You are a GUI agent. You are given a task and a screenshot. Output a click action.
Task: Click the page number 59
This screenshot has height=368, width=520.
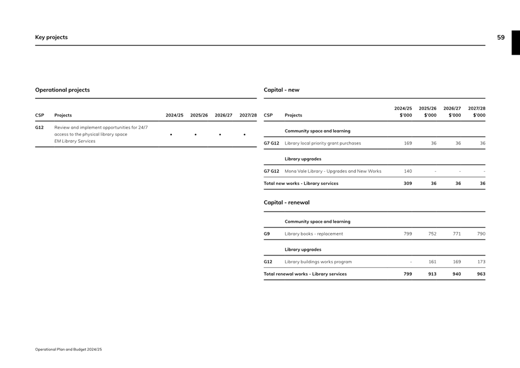pyautogui.click(x=501, y=38)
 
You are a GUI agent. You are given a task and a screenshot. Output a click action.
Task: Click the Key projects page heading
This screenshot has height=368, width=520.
pyautogui.click(x=51, y=38)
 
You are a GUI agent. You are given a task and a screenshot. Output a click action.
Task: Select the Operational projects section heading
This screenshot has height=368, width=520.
pyautogui.click(x=63, y=90)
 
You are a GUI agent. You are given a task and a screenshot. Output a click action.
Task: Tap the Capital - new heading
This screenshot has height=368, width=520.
pyautogui.click(x=282, y=90)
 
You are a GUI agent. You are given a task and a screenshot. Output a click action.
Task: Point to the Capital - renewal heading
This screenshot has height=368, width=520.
pyautogui.click(x=287, y=202)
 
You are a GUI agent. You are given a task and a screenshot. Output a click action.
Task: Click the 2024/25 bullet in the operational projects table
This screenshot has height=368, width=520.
pyautogui.click(x=171, y=135)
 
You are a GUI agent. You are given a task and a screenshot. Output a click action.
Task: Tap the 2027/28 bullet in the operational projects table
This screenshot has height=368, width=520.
pyautogui.click(x=245, y=135)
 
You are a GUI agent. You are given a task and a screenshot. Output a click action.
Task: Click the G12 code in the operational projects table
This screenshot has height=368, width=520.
pyautogui.click(x=39, y=127)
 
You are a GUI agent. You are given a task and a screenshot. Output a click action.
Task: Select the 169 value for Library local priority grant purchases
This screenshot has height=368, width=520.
pyautogui.click(x=408, y=143)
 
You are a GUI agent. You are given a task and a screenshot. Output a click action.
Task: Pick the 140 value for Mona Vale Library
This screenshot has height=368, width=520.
pyautogui.click(x=408, y=171)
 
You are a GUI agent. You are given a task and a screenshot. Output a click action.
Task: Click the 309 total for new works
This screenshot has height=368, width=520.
pyautogui.click(x=408, y=184)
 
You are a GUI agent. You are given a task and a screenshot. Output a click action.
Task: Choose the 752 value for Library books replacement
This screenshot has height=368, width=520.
pyautogui.click(x=432, y=234)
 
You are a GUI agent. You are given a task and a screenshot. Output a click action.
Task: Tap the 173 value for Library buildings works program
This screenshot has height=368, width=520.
pyautogui.click(x=481, y=262)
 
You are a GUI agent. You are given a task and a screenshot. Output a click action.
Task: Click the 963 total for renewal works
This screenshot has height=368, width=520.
pyautogui.click(x=481, y=274)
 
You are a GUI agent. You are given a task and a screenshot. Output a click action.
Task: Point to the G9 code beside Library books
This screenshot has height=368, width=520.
pyautogui.click(x=267, y=234)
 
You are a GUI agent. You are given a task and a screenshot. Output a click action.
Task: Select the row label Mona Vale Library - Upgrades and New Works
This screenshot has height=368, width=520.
pyautogui.click(x=333, y=171)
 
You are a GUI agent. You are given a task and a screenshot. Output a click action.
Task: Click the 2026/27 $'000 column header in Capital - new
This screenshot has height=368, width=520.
pyautogui.click(x=452, y=111)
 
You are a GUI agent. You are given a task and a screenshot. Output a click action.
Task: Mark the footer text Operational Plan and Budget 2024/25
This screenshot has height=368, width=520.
pyautogui.click(x=68, y=349)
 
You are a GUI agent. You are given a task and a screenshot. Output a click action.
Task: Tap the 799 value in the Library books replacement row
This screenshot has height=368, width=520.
pyautogui.click(x=408, y=234)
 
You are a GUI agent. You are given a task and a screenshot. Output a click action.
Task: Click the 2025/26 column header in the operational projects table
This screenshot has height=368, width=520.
pyautogui.click(x=199, y=115)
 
